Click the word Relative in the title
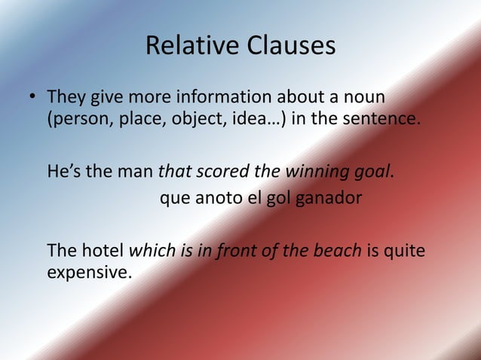click(x=190, y=47)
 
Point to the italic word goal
click(x=373, y=170)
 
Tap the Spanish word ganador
click(x=330, y=199)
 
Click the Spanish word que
click(x=175, y=200)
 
